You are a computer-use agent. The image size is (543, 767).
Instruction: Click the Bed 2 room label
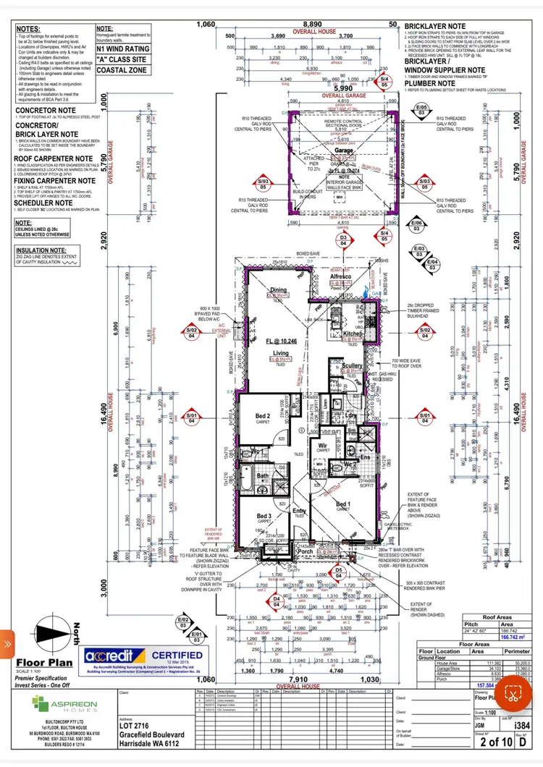pyautogui.click(x=263, y=415)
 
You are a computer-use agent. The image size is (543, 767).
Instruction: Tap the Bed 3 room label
pyautogui.click(x=264, y=515)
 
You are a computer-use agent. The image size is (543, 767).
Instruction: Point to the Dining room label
pyautogui.click(x=279, y=289)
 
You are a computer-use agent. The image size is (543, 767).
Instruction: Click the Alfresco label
pyautogui.click(x=340, y=276)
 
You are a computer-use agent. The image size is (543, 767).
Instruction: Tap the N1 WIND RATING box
pyautogui.click(x=122, y=48)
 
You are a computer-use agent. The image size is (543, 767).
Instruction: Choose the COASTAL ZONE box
pyautogui.click(x=122, y=70)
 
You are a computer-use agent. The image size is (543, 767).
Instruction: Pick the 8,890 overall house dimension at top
pyautogui.click(x=312, y=24)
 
